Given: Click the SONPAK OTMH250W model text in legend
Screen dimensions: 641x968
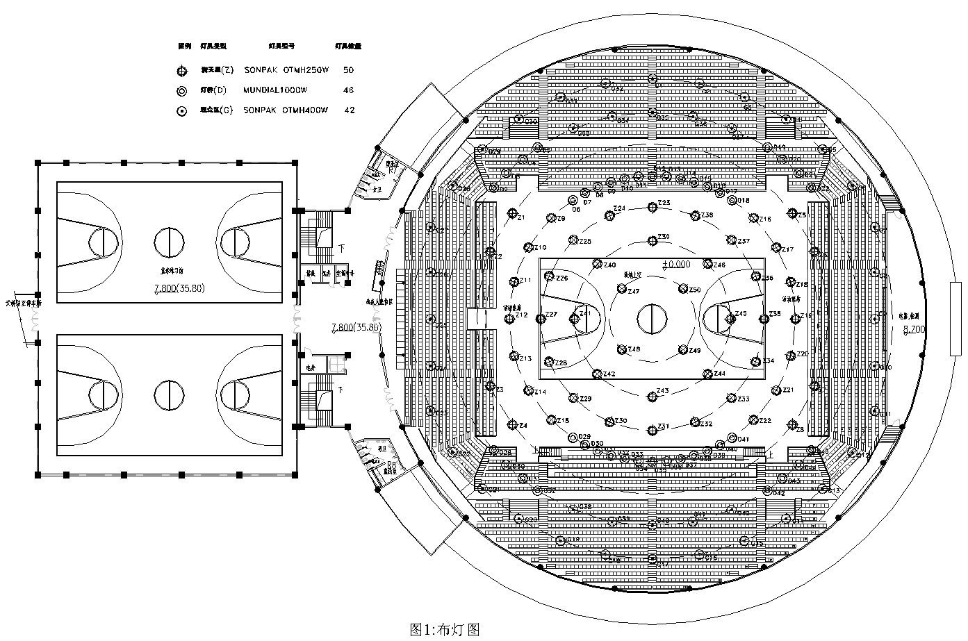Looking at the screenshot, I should coord(285,70).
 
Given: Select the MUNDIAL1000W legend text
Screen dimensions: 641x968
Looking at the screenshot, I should coord(275,90).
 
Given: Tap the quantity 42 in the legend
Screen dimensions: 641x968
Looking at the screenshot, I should coord(350,110).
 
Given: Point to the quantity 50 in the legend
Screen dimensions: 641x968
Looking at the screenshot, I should coord(349,70).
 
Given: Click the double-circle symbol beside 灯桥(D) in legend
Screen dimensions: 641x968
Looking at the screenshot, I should coord(182,90).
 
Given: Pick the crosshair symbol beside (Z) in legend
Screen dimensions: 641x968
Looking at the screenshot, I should coord(182,70).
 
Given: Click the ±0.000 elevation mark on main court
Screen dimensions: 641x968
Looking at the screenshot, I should coord(676,264).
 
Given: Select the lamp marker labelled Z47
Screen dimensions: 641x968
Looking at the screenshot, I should coord(623,288).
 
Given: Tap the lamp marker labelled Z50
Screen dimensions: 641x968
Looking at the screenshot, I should coord(683,289).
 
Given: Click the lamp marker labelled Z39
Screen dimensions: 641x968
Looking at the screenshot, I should coord(652,241).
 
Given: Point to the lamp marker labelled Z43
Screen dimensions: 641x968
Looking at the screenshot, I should coord(652,396).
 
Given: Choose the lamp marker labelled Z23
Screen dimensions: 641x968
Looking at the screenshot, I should coord(652,207).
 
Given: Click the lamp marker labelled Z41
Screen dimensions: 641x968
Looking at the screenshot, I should coord(574,319).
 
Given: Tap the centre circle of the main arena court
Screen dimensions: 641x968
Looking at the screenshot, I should coord(652,319).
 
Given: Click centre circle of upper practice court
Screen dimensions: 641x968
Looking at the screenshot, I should coord(169,242).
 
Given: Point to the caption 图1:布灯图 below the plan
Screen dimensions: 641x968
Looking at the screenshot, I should coord(445,629).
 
